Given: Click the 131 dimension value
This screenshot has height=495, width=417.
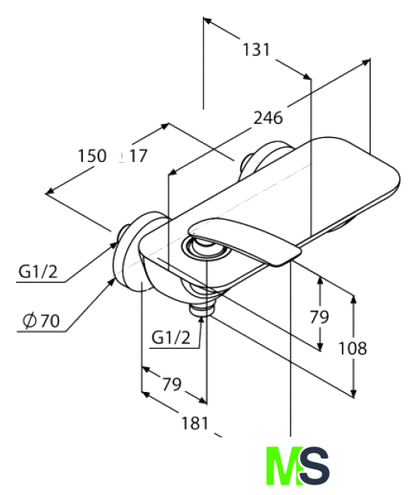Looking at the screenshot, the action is (x=256, y=49).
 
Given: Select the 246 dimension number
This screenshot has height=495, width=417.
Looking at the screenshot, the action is (x=268, y=118).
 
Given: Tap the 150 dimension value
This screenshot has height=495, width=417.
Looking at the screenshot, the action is (x=92, y=156).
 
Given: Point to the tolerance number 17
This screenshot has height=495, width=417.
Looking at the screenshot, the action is (x=138, y=156).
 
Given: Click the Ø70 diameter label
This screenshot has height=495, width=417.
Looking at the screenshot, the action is (x=41, y=321).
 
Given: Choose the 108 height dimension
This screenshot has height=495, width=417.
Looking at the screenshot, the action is (x=352, y=349).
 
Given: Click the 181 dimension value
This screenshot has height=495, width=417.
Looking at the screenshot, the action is (x=195, y=423).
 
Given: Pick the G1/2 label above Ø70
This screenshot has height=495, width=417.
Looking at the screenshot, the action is (x=38, y=271).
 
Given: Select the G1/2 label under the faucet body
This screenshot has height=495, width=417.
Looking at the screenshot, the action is (x=171, y=337).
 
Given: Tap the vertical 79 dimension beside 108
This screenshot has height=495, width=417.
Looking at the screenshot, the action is (x=320, y=317).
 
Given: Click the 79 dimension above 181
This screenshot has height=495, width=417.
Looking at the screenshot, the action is (x=173, y=384).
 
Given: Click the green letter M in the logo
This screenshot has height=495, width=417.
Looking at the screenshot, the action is (x=283, y=465).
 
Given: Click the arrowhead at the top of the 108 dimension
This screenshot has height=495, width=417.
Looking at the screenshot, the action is (x=354, y=299).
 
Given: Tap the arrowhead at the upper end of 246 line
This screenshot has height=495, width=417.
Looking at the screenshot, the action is (x=366, y=61).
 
